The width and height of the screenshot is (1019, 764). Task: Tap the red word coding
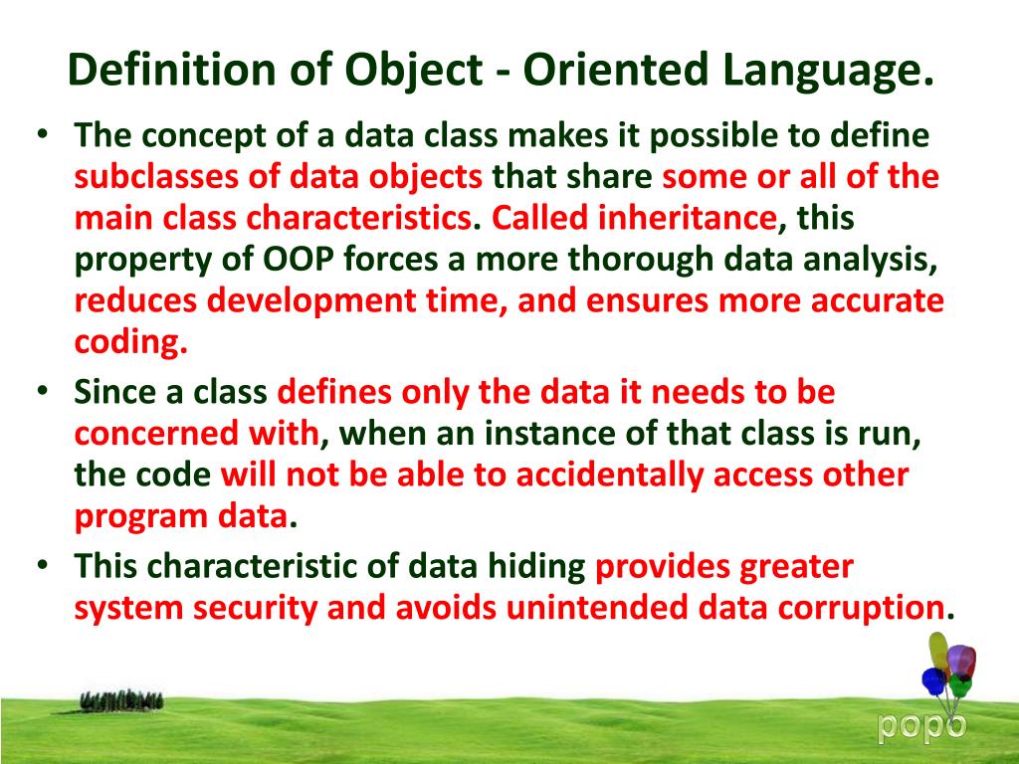pyautogui.click(x=129, y=341)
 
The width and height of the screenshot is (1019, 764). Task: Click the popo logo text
pyautogui.click(x=920, y=727)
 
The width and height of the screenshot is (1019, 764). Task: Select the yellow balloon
pyautogui.click(x=938, y=652)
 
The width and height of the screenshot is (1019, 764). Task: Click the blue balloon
pyautogui.click(x=933, y=681)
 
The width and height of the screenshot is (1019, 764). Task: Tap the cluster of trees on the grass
pyautogui.click(x=121, y=701)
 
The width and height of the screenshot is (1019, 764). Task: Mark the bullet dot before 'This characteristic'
pyautogui.click(x=42, y=564)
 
